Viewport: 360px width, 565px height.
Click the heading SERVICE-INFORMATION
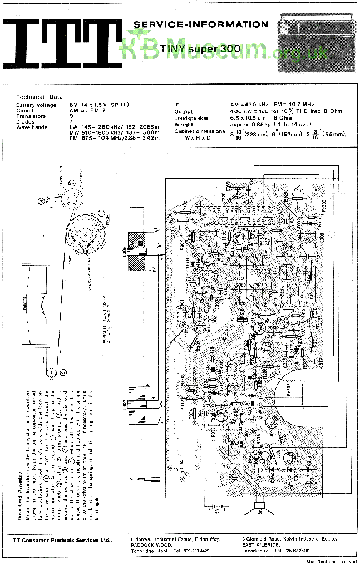click(x=200, y=24)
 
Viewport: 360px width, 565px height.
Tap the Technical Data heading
click(x=38, y=97)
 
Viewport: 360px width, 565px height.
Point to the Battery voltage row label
click(x=36, y=105)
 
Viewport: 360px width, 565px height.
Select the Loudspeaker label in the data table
click(x=191, y=118)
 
